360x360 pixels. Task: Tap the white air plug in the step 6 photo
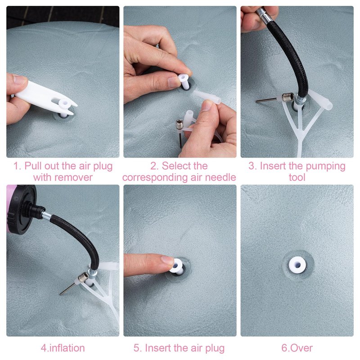[297, 265]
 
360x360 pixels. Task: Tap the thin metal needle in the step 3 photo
[266, 100]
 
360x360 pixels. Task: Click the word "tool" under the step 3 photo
[297, 177]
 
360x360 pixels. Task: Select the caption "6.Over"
[297, 348]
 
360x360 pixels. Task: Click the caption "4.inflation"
[63, 348]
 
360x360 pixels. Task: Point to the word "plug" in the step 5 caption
[215, 348]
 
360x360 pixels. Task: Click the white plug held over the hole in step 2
[185, 81]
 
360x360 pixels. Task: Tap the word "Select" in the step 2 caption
[185, 166]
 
